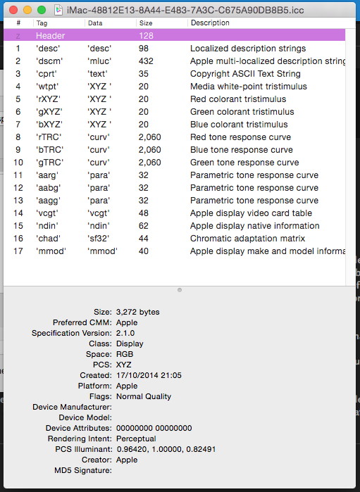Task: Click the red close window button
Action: click(x=13, y=11)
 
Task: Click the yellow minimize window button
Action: click(x=27, y=11)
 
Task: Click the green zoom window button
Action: click(x=41, y=11)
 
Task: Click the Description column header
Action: click(x=210, y=23)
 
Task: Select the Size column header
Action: click(x=145, y=23)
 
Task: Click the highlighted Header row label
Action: click(x=50, y=36)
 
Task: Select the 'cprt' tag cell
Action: click(x=46, y=74)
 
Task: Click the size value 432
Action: click(x=146, y=61)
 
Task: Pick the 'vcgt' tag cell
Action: click(x=46, y=213)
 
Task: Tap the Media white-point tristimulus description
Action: click(x=249, y=87)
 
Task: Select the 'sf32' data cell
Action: click(x=99, y=239)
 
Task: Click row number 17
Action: click(x=18, y=251)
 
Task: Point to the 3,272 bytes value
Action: click(x=137, y=312)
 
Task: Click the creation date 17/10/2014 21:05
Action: click(x=149, y=375)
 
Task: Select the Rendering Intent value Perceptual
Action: click(x=136, y=439)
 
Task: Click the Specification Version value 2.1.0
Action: click(x=125, y=333)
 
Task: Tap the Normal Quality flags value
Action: click(x=143, y=396)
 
